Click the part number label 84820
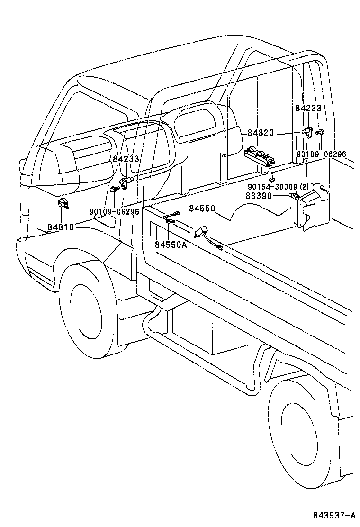coord(260,133)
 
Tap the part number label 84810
coord(60,227)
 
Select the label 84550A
coord(171,245)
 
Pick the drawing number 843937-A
coord(333,515)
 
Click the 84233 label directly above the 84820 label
coord(308,108)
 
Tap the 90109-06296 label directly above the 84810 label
coord(114,211)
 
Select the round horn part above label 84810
coord(62,205)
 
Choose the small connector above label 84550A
coord(170,218)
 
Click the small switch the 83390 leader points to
coord(294,196)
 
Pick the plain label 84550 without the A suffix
coord(202,208)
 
